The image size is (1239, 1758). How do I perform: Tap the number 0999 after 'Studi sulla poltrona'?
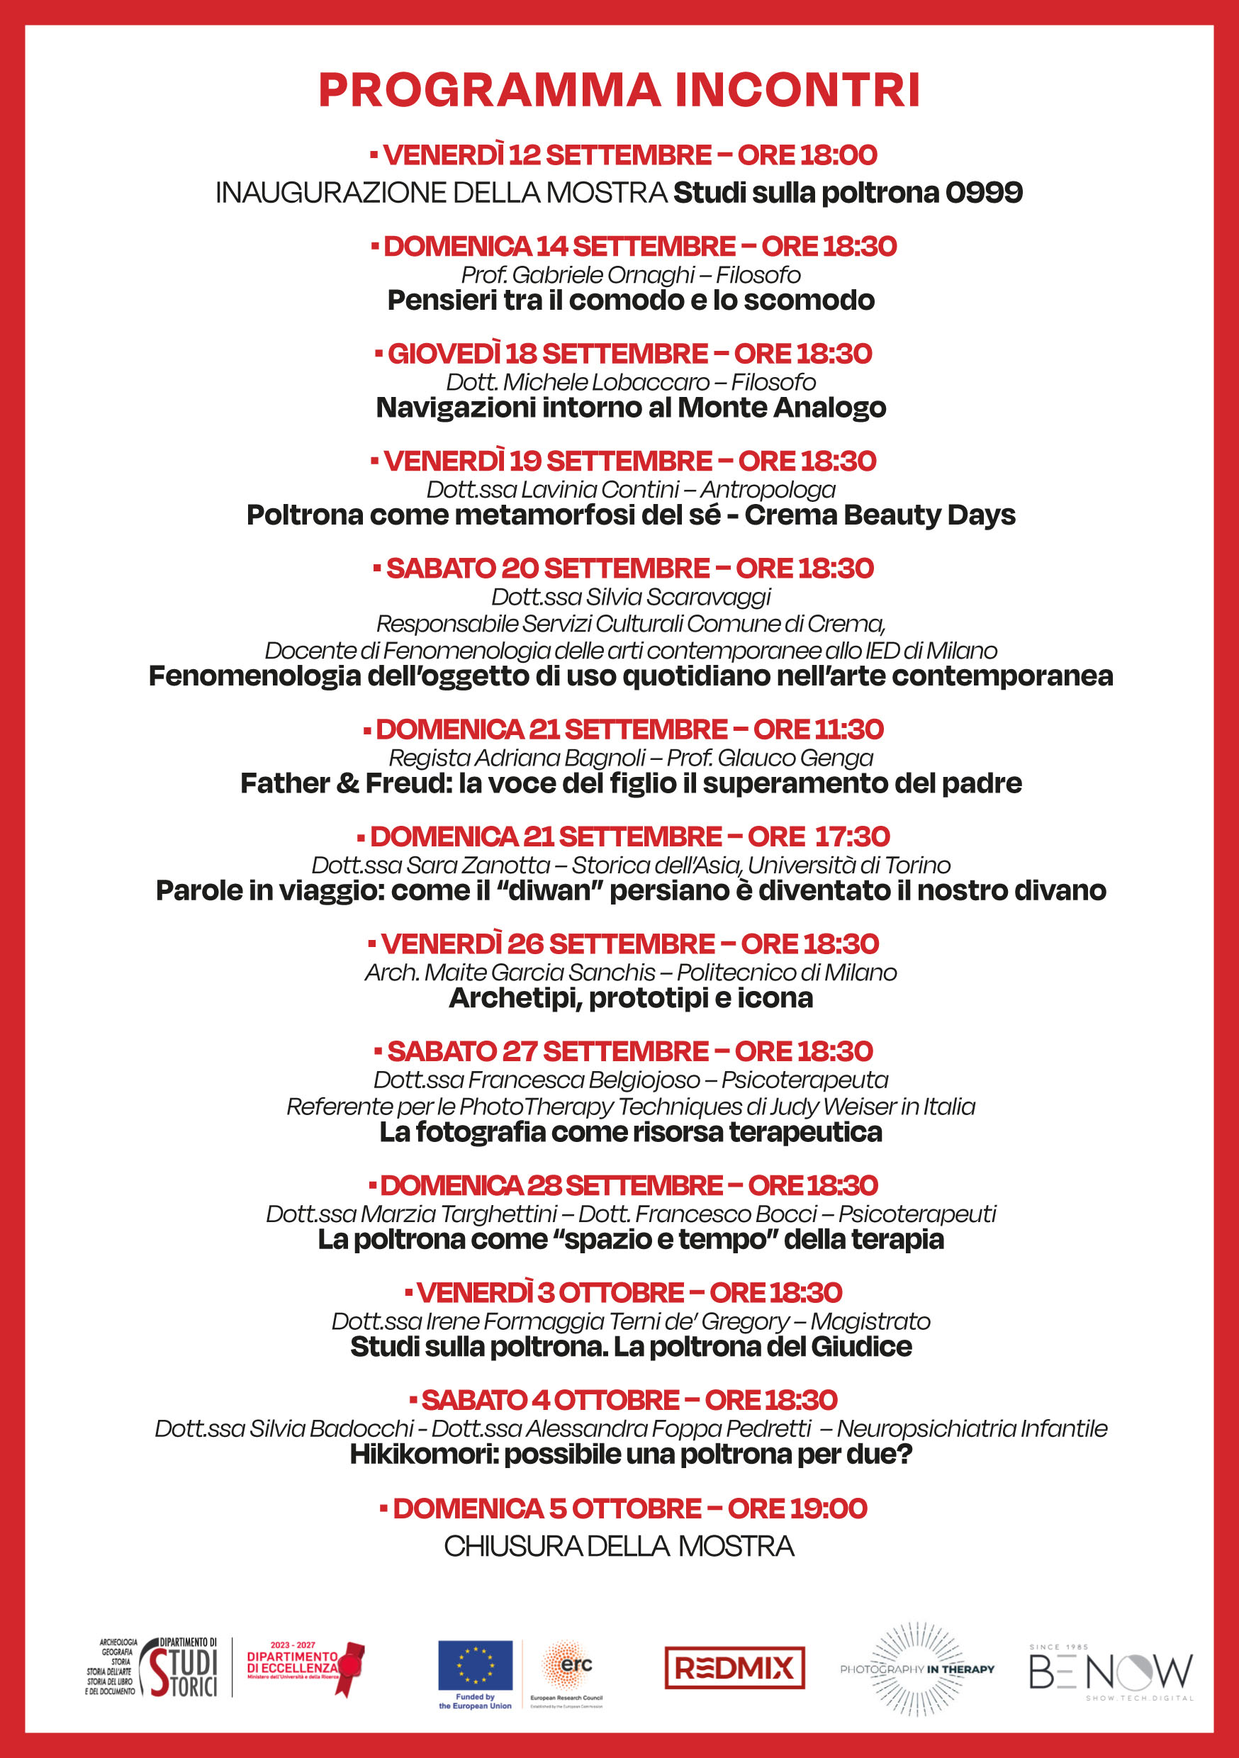984,192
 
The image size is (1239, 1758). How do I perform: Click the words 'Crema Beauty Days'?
880,515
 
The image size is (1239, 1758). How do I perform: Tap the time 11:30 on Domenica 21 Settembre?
850,729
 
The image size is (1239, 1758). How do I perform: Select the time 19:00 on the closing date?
835,1508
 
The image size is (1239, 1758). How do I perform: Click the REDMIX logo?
734,1668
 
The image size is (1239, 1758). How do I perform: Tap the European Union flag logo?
475,1664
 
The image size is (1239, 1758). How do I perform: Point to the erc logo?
568,1664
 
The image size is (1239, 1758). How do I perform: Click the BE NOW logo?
1111,1672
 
